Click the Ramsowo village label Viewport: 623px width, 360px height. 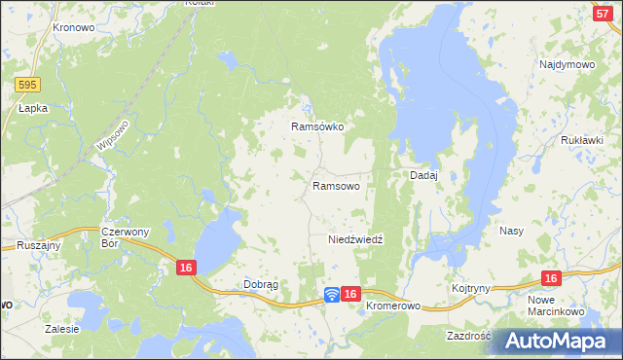(x=336, y=185)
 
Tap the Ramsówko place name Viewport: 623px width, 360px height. (x=318, y=126)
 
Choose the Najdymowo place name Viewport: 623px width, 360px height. (x=567, y=64)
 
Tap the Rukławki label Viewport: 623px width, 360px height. (x=582, y=140)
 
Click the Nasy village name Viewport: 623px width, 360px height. (x=512, y=232)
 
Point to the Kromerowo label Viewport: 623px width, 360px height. (x=393, y=306)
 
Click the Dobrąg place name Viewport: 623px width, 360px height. (x=260, y=284)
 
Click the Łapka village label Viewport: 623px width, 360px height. (x=33, y=110)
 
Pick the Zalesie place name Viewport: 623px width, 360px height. (x=61, y=329)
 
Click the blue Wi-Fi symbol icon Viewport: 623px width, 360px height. (x=332, y=293)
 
